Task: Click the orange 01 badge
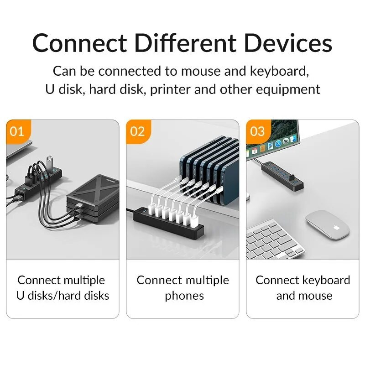point(17,131)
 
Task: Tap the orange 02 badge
point(137,131)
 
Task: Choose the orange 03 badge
point(257,131)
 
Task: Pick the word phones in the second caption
point(184,296)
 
